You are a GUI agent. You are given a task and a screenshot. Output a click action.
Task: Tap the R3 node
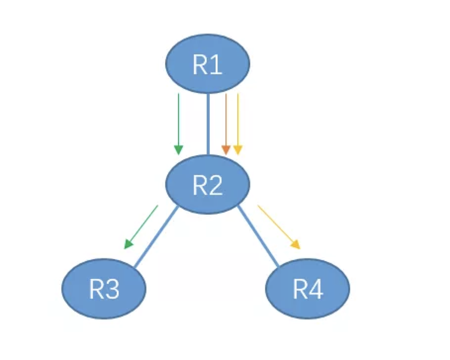(x=104, y=287)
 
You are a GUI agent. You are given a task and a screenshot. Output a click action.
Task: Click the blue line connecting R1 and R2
(x=209, y=124)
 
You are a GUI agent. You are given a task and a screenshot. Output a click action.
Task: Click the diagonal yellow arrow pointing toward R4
(x=277, y=225)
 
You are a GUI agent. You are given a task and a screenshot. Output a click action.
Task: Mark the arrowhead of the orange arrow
(x=226, y=150)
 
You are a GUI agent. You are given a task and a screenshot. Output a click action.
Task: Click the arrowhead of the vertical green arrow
(x=179, y=150)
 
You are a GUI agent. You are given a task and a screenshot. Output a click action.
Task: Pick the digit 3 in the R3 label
(x=112, y=289)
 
